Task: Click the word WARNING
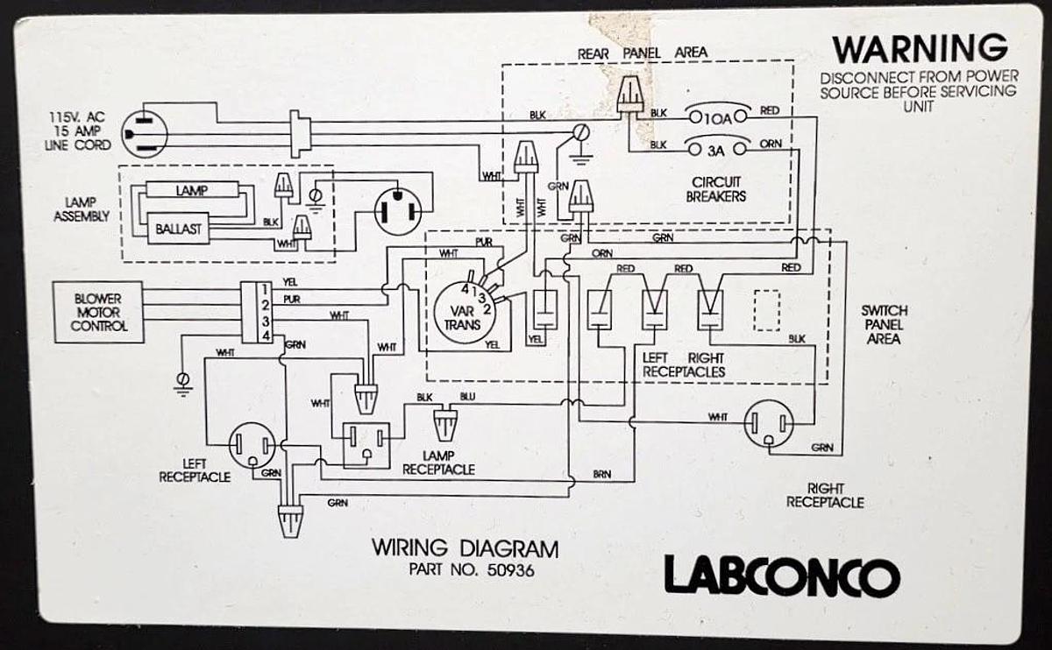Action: [x=920, y=47]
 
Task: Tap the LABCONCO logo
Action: [x=781, y=576]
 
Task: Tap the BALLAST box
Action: [x=178, y=230]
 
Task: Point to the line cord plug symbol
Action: [x=143, y=134]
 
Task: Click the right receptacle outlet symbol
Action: [x=768, y=425]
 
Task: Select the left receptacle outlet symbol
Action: [x=252, y=446]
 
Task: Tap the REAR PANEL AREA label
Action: [x=642, y=53]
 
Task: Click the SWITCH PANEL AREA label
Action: [x=884, y=324]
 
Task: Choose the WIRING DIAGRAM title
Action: [x=465, y=549]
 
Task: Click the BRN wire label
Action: [x=601, y=474]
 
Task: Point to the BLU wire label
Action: [x=467, y=398]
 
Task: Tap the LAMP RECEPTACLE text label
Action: [x=438, y=463]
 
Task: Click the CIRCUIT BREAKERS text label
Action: [x=715, y=189]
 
